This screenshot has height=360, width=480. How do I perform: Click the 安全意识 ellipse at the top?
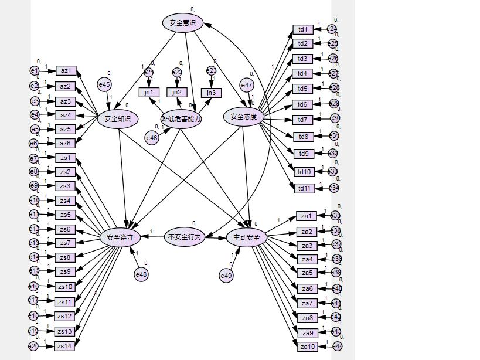(182, 23)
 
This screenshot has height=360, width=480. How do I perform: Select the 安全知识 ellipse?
(117, 118)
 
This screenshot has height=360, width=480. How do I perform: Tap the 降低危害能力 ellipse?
(181, 118)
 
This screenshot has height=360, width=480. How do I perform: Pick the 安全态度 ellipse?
(244, 116)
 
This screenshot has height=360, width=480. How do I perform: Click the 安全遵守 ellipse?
(120, 237)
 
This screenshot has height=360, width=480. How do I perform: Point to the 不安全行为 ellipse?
(184, 237)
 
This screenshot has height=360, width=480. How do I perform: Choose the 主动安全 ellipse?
(247, 237)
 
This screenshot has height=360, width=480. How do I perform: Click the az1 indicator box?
(66, 71)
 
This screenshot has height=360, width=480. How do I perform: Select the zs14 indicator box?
(64, 346)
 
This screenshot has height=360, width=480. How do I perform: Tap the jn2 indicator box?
(177, 92)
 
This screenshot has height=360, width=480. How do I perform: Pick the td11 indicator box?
(304, 188)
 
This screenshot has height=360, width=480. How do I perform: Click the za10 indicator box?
(308, 347)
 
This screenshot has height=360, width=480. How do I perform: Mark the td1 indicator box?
(302, 29)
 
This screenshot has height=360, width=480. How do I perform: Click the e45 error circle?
(104, 85)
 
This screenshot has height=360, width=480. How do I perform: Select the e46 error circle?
(151, 138)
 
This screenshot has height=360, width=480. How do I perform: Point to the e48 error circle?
(141, 274)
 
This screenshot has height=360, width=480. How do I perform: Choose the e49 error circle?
(226, 275)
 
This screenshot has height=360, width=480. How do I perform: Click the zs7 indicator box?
(65, 243)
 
